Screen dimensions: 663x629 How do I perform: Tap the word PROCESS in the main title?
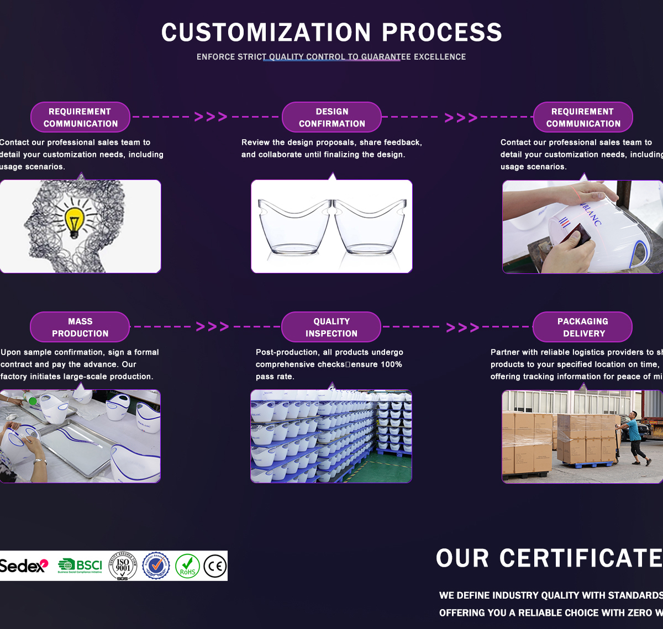[x=441, y=33]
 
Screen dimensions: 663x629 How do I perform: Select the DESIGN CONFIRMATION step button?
[x=331, y=117]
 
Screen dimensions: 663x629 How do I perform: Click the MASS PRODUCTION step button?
[x=80, y=327]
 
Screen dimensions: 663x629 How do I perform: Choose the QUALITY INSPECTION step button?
[x=331, y=327]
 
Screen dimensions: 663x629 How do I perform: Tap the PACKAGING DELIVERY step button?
[x=582, y=327]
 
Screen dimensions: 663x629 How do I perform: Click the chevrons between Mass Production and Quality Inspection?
[x=212, y=327]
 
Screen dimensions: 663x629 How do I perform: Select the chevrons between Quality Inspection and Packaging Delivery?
[x=462, y=327]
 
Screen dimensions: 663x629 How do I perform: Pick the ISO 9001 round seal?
[x=123, y=565]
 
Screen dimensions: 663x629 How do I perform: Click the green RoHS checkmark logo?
[x=187, y=565]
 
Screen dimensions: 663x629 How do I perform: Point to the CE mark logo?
[x=215, y=565]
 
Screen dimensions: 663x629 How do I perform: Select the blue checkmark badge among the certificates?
[x=156, y=565]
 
